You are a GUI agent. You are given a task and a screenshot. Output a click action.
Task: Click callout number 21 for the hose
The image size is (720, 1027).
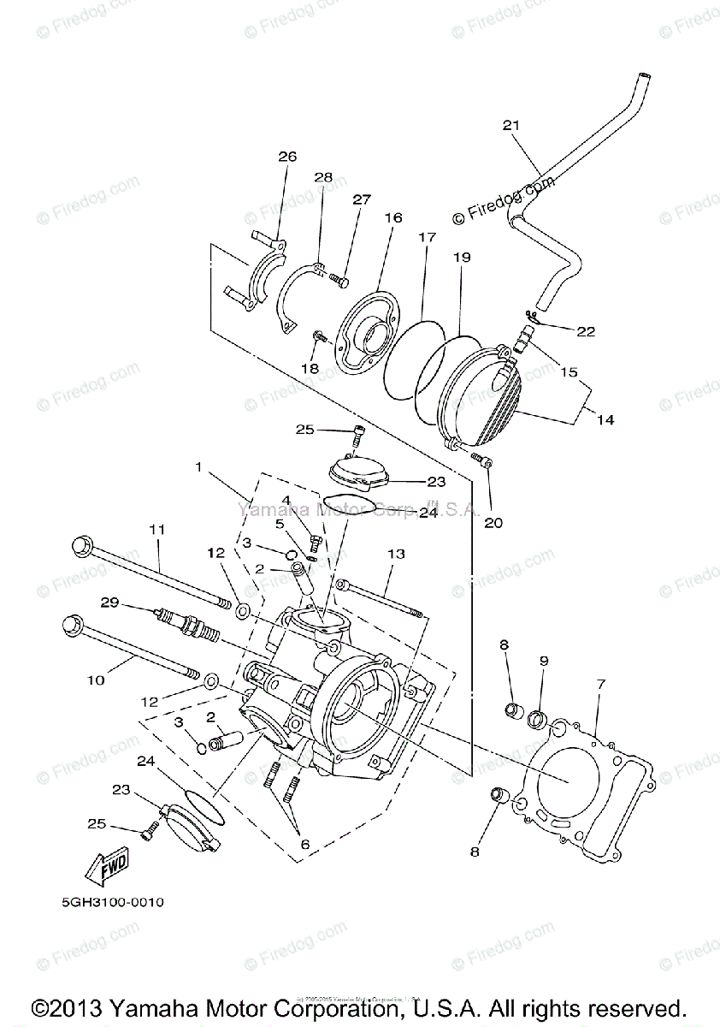click(510, 126)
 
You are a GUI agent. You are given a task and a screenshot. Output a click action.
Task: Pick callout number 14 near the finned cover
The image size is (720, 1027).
click(605, 420)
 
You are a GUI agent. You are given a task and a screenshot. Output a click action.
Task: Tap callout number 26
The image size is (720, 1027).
click(286, 156)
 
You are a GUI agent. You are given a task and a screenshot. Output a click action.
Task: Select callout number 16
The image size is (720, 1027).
click(392, 218)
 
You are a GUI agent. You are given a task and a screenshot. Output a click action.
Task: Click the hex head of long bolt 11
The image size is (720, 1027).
click(83, 544)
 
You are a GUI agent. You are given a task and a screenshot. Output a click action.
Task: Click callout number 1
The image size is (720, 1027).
click(198, 467)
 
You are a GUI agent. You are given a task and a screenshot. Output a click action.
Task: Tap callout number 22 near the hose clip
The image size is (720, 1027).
click(586, 330)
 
